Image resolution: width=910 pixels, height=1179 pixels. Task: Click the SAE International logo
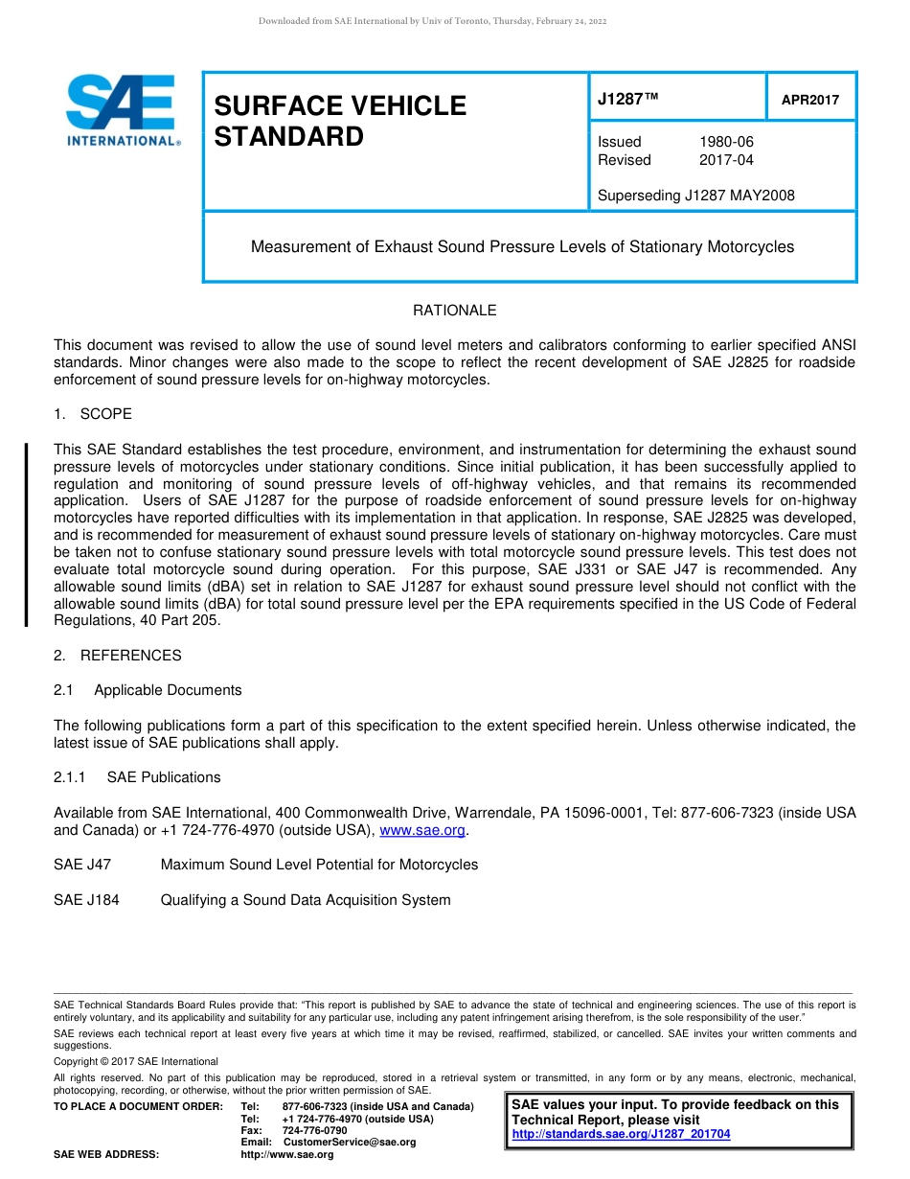click(x=121, y=110)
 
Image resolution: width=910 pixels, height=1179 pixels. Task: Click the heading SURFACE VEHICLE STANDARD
click(x=340, y=121)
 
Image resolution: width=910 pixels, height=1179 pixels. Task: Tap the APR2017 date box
click(x=810, y=100)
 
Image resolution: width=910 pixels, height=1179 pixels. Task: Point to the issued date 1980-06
click(x=726, y=142)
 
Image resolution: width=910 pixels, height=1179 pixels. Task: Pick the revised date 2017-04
click(x=726, y=160)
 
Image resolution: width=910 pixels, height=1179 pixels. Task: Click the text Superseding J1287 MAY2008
click(x=695, y=196)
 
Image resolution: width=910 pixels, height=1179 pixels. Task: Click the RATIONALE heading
click(x=454, y=311)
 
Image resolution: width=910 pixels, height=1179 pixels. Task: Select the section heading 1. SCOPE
click(x=93, y=414)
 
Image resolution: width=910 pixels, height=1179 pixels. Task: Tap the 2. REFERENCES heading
click(x=117, y=656)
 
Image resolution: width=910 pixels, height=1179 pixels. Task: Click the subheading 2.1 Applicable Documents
click(x=148, y=690)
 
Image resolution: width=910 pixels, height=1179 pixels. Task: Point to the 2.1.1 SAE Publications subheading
click(x=137, y=777)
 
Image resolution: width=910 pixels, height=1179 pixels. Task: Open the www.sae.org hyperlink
click(x=422, y=830)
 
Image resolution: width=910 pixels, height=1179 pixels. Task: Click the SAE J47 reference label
click(x=82, y=865)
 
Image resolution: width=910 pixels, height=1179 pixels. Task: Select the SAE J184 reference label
click(x=86, y=899)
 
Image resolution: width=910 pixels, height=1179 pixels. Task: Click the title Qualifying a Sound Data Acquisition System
click(x=305, y=899)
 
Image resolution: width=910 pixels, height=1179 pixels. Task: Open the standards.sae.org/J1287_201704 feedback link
click(x=621, y=1134)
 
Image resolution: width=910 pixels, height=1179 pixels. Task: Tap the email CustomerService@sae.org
click(x=350, y=1143)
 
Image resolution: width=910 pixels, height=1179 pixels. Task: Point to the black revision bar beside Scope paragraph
click(x=26, y=535)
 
